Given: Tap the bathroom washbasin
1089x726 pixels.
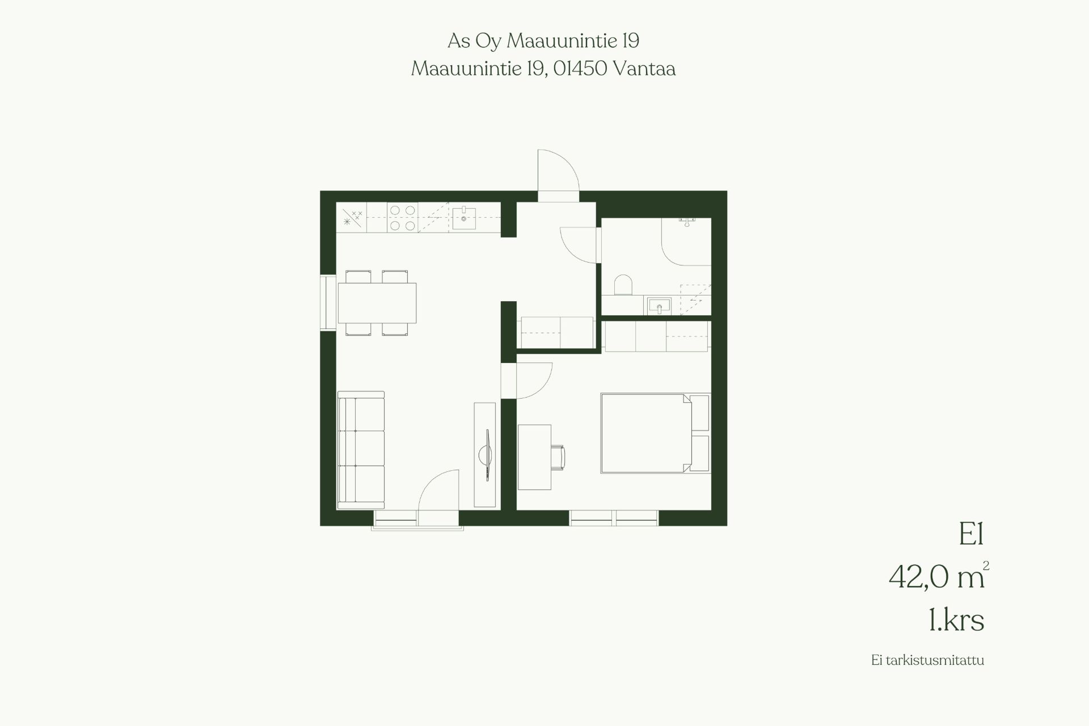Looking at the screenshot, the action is [659, 306].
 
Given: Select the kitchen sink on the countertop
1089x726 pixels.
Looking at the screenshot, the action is [463, 218].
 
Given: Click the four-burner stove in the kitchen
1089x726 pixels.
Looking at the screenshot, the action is [403, 218].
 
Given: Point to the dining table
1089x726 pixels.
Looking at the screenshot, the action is [377, 303].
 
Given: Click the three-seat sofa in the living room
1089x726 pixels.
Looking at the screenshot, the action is [361, 450].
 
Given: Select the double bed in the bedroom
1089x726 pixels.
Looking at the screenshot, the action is [655, 433].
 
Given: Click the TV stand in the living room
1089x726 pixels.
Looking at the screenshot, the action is [485, 455].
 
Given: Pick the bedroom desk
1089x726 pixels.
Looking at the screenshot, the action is [534, 457].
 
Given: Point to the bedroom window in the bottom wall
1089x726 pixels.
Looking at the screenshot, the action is [614, 518].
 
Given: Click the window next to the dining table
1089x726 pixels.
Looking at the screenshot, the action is [328, 302].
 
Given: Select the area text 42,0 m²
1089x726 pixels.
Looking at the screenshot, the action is [939, 576].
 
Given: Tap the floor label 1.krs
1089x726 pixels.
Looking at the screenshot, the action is [956, 620].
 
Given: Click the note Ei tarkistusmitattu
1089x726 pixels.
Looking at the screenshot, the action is [928, 660].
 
